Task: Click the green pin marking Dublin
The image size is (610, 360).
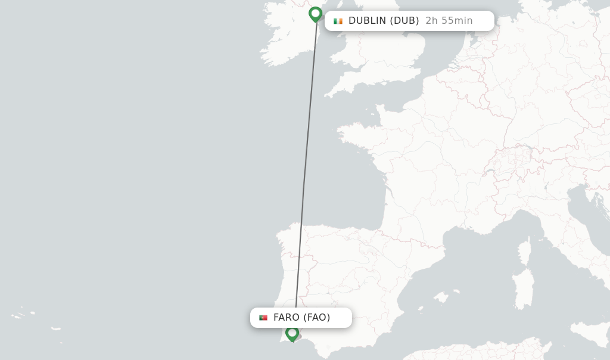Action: coord(315,14)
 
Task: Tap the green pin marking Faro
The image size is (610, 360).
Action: coord(292,333)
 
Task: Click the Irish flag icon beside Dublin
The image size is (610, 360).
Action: coord(338,21)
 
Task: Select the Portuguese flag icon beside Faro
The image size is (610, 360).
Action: coord(263,318)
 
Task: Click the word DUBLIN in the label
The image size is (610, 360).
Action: coord(367,21)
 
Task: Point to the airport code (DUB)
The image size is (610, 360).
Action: coord(404,21)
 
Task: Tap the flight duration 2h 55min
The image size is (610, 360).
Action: coord(449,21)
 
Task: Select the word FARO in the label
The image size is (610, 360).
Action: coord(287,318)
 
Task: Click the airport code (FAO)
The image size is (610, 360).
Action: coord(317,318)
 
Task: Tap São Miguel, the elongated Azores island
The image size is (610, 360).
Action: coord(55,328)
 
